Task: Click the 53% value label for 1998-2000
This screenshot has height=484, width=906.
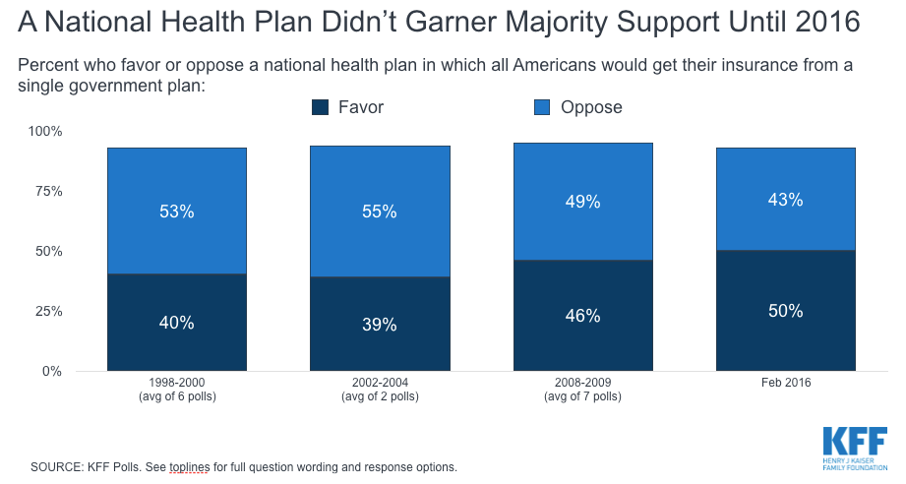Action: (x=177, y=212)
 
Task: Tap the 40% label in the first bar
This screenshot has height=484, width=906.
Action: (x=177, y=322)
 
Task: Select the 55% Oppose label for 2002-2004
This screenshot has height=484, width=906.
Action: (x=380, y=212)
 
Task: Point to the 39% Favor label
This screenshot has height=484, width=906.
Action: (x=380, y=325)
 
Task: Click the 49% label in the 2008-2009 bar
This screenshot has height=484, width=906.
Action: (x=582, y=202)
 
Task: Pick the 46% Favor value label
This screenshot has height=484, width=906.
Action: (x=582, y=316)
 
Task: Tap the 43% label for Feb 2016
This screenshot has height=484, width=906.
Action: (x=785, y=200)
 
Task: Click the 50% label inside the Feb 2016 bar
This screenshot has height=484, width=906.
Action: (x=785, y=311)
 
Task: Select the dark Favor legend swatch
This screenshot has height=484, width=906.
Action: (x=319, y=107)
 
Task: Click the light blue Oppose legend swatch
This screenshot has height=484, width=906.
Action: (x=541, y=107)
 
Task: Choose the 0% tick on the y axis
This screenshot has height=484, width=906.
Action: (x=52, y=371)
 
